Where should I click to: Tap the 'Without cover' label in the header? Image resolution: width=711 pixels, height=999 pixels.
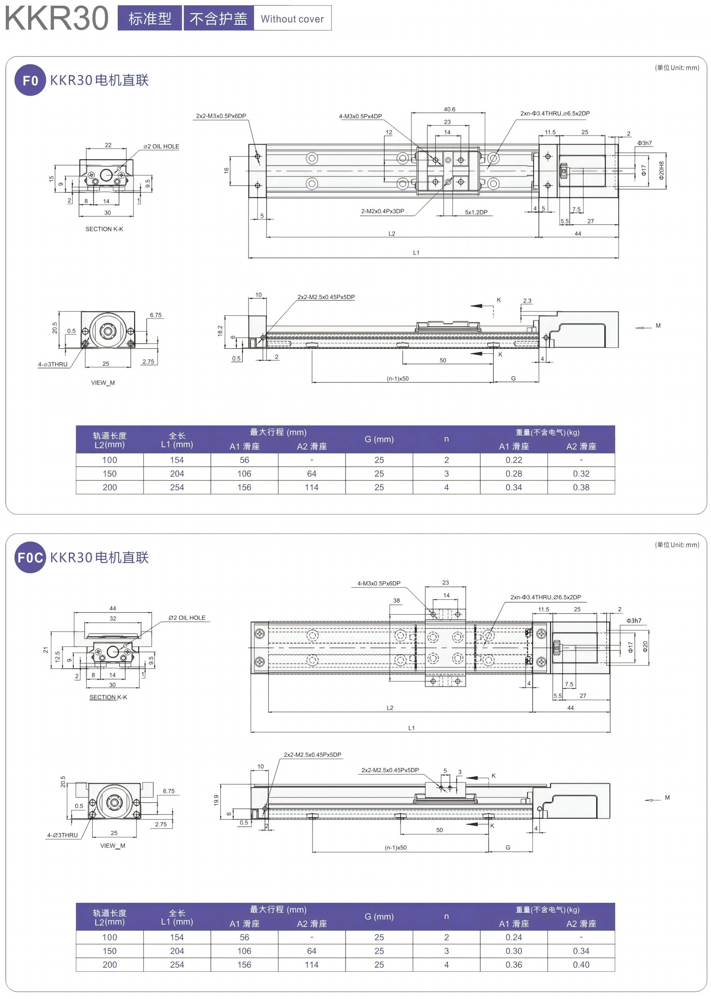point(292,19)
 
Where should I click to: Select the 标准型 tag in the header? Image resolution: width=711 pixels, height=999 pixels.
point(150,19)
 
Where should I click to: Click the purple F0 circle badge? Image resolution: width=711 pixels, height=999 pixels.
point(30,80)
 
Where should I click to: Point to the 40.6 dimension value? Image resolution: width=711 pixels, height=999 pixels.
point(449,109)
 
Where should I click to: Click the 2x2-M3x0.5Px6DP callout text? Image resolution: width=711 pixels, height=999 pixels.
point(221,116)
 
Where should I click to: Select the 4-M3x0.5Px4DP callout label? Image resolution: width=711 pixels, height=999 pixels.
point(360,116)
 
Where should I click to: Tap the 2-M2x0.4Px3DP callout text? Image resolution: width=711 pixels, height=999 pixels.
point(383,211)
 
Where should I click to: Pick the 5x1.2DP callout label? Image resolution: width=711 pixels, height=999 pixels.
point(476,212)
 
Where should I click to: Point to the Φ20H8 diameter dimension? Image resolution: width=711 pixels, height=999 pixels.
point(661,170)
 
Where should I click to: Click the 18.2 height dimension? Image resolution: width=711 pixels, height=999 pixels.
point(220,331)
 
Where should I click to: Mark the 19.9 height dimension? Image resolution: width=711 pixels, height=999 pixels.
point(216,800)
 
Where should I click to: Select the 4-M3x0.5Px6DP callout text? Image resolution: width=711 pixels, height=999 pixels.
point(379,583)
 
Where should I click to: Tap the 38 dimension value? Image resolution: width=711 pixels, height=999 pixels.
point(396,600)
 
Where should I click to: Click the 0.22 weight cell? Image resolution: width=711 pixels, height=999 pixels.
point(514,460)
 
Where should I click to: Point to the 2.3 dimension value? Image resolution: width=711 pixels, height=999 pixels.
point(527,301)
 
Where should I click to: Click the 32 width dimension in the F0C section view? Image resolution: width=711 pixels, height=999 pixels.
point(113,619)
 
